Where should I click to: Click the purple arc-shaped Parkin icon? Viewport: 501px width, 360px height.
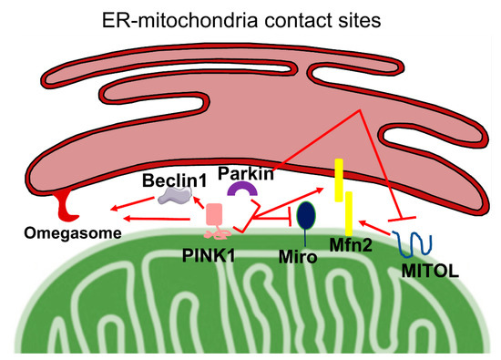pyautogui.click(x=241, y=189)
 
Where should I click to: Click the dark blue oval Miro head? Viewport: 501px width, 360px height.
pyautogui.click(x=308, y=216)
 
